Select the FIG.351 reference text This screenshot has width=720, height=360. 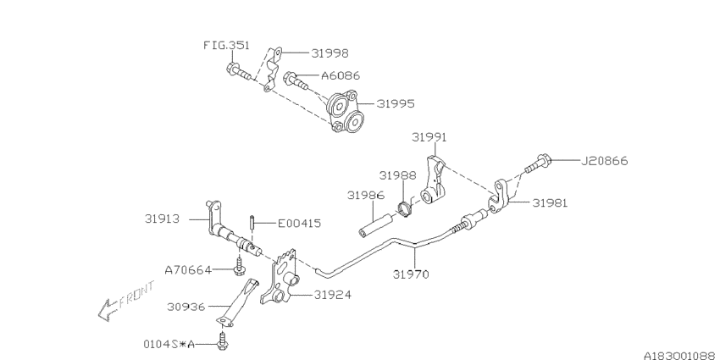pyautogui.click(x=224, y=45)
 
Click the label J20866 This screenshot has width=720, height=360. pyautogui.click(x=604, y=160)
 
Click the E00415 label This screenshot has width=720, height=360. pyautogui.click(x=300, y=224)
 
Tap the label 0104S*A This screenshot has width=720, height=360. pyautogui.click(x=169, y=344)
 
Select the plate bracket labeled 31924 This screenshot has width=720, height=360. pyautogui.click(x=283, y=279)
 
